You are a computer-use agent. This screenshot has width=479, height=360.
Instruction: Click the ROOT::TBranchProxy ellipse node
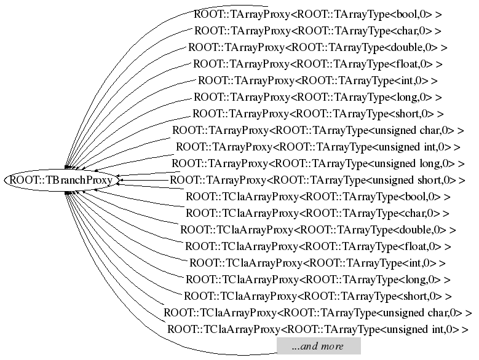coord(61,180)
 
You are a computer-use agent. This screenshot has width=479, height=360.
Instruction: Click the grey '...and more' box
coord(317,346)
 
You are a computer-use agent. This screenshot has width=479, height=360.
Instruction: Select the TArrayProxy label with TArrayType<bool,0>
coord(318,14)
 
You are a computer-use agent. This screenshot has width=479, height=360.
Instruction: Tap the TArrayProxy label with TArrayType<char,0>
coord(318,30)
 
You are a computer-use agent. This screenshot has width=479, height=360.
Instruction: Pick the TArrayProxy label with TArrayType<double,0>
coord(318,47)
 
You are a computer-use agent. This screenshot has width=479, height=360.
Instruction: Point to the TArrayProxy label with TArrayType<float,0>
coord(318,63)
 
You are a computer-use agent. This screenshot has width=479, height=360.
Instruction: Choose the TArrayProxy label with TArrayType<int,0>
coord(318,80)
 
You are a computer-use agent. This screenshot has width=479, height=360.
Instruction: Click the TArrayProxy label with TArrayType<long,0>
coord(318,96)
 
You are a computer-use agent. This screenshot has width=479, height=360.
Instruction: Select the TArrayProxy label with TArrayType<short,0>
coord(318,114)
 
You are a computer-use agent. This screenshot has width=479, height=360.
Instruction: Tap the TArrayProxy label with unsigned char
coord(318,130)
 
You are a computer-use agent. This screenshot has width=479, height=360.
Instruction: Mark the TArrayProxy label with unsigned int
coord(318,147)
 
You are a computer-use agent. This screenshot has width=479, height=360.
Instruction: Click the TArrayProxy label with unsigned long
coord(318,163)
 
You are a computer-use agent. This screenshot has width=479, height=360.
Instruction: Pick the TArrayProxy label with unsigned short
coord(318,180)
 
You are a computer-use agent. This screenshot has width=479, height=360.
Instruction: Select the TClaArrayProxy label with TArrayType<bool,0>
coord(318,197)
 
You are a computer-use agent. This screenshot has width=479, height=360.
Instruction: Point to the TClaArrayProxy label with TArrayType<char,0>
coord(318,213)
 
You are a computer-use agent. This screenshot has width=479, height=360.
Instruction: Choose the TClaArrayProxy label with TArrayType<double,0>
coord(318,230)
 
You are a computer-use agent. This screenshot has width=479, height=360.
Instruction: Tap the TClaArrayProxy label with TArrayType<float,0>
coord(318,246)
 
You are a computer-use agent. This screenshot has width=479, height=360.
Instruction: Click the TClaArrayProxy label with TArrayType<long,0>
coord(318,280)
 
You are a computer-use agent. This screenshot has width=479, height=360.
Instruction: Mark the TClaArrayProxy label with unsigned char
coord(318,313)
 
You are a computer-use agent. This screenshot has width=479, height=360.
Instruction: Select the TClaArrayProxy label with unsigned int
coord(318,329)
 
